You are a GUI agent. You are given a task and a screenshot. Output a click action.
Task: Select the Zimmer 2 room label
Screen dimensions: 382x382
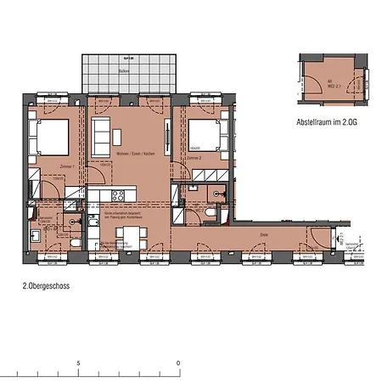[x=195, y=157]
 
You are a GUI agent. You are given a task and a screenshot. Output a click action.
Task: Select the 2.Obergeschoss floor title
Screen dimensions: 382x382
[x=46, y=286]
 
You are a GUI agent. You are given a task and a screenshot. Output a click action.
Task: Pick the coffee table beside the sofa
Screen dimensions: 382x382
[x=121, y=135]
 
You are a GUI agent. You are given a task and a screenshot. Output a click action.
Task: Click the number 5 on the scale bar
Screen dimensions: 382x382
[x=78, y=362]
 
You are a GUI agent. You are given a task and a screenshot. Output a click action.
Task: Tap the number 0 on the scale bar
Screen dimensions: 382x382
[x=178, y=362]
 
